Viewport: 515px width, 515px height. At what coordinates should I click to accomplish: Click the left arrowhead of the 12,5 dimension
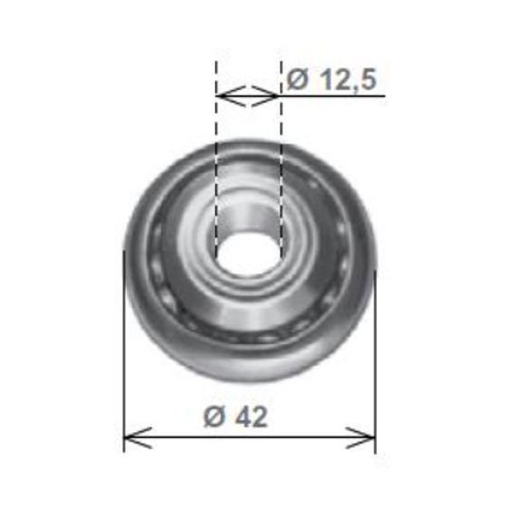pyautogui.click(x=222, y=94)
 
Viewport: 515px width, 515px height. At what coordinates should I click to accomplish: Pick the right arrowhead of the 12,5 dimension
pyautogui.click(x=274, y=94)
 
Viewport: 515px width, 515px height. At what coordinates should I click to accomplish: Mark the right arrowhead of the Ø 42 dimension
pyautogui.click(x=369, y=438)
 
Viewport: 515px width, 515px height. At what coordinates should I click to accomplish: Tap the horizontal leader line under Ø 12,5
pyautogui.click(x=336, y=94)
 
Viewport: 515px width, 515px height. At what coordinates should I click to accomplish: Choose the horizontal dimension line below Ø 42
pyautogui.click(x=250, y=438)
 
